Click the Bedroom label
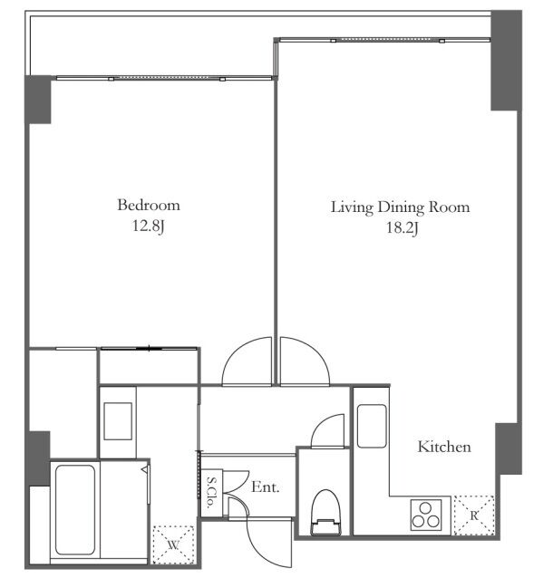tap(149, 205)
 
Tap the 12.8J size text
tap(148, 226)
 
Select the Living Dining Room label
tap(401, 207)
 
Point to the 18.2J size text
tap(403, 227)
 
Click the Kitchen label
tap(444, 447)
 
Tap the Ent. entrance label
tap(266, 487)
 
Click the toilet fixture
tap(325, 513)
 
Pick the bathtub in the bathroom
tap(75, 510)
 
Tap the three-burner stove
tap(426, 515)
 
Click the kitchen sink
tap(372, 426)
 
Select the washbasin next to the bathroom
tap(118, 421)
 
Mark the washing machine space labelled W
tap(173, 544)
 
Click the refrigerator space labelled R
tap(474, 515)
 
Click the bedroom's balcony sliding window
tap(164, 78)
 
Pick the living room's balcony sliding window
tap(384, 40)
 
